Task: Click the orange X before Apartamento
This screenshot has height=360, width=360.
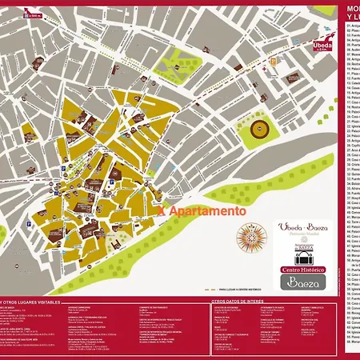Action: tap(162, 212)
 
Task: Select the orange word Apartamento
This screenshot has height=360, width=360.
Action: tap(206, 212)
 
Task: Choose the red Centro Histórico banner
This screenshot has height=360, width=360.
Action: tap(303, 270)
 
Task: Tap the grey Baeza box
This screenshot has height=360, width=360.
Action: tap(303, 282)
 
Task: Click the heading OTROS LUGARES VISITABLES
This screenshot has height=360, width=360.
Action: tap(32, 302)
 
